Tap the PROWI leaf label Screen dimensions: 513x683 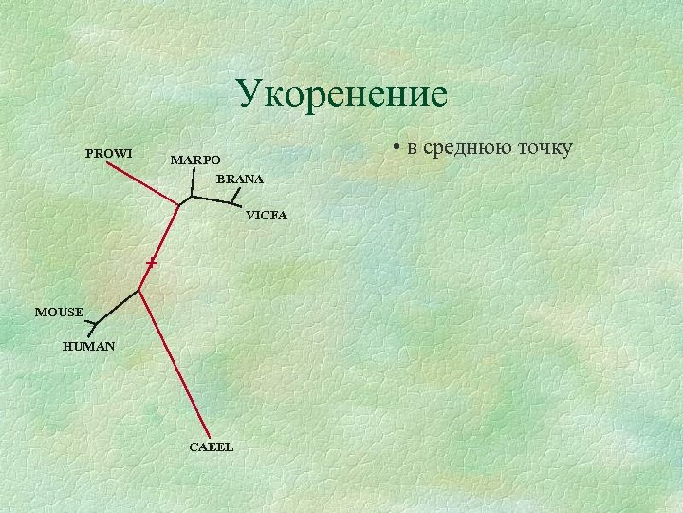pos(108,153)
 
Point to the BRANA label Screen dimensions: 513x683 pos(240,179)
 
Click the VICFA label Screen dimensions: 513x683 pos(266,216)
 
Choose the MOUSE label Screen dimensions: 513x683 pos(59,312)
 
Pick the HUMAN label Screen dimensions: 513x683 pos(88,347)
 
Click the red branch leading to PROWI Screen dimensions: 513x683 pos(142,183)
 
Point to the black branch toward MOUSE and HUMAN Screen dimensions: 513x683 pos(118,306)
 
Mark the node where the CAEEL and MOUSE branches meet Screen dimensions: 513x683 pos(139,289)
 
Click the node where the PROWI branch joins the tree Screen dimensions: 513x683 pos(178,204)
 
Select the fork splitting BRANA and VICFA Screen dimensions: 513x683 pos(233,201)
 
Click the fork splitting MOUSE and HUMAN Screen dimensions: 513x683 pos(96,324)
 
